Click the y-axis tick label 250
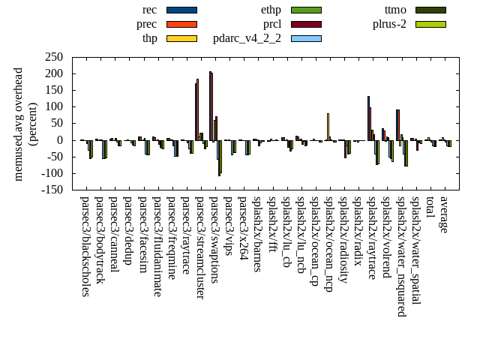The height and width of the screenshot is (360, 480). (x=54, y=57)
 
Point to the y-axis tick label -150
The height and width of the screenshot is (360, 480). (x=52, y=190)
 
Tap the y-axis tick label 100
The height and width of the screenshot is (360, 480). (x=54, y=106)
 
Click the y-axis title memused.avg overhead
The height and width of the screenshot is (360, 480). (x=19, y=123)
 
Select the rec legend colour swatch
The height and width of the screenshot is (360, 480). (x=181, y=10)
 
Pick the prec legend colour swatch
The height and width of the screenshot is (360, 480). (x=181, y=24)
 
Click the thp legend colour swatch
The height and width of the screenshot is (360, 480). (x=181, y=38)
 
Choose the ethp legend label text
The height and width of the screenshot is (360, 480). (x=271, y=10)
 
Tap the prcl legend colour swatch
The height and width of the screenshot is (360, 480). (x=306, y=24)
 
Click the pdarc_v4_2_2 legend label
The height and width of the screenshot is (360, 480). (x=247, y=38)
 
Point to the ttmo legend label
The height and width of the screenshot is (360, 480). (x=395, y=10)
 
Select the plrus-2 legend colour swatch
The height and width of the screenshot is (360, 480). (x=430, y=24)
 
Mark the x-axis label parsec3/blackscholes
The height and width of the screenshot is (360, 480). (x=85, y=247)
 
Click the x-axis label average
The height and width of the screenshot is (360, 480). (x=444, y=214)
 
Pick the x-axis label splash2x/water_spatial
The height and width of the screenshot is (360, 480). (x=415, y=250)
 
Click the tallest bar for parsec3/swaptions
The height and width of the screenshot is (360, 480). (x=210, y=106)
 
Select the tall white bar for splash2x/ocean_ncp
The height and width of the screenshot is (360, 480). (x=328, y=127)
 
